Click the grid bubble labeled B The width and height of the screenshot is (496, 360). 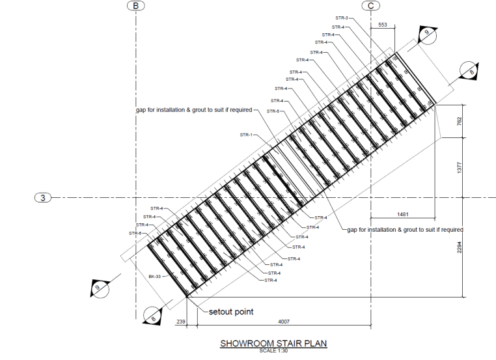coord(135,5)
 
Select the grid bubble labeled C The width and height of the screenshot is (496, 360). coord(370,5)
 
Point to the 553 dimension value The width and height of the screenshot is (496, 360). coord(382,25)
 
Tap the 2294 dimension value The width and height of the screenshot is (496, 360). coord(460,247)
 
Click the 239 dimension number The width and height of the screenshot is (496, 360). coord(181,321)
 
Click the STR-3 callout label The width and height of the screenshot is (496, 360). coord(342,18)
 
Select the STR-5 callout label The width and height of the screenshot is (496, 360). coord(274,111)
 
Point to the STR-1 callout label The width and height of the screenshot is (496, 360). coord(245,135)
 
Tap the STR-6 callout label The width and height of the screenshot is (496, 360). coord(135,233)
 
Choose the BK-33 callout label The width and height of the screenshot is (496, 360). coord(155,276)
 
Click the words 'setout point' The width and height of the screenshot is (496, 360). coord(231,311)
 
